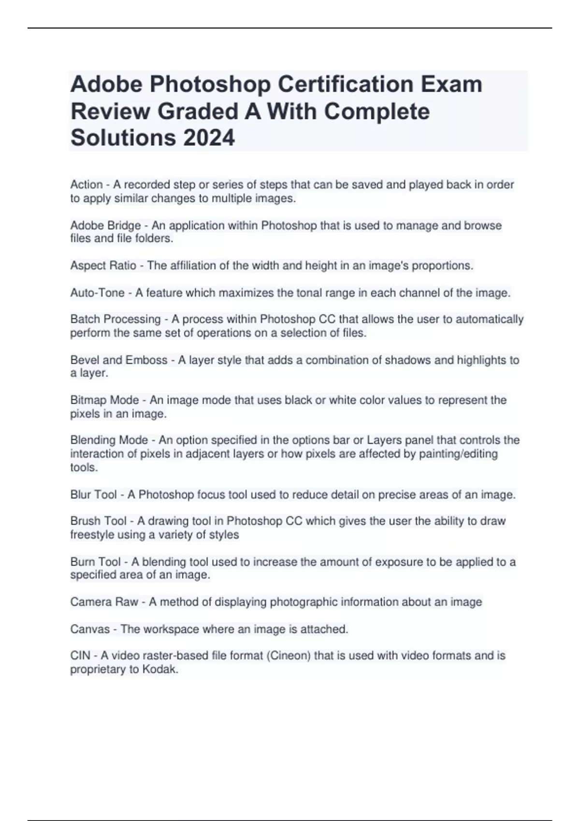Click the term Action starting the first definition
(87, 184)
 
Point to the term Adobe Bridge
(105, 226)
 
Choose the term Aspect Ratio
(103, 266)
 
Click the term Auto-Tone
(97, 293)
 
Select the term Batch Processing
(116, 319)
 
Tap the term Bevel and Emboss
(118, 360)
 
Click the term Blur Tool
(93, 495)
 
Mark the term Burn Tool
(95, 562)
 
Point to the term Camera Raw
(104, 602)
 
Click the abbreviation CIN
(80, 655)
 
